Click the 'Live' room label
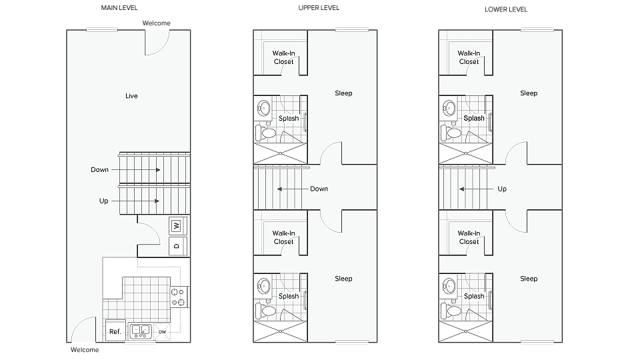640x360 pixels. (131, 96)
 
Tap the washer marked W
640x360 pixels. (177, 226)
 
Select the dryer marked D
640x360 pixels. (177, 246)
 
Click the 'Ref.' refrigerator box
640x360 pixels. (115, 331)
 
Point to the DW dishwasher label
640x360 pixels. (163, 331)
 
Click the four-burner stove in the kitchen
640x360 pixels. (179, 296)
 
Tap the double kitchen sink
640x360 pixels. (141, 329)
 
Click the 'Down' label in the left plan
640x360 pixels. (99, 170)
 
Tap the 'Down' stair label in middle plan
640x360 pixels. (319, 189)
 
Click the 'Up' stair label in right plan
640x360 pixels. (502, 189)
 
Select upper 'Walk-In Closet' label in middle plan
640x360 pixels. (283, 57)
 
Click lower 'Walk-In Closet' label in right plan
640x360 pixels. (469, 237)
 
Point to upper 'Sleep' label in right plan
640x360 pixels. (529, 93)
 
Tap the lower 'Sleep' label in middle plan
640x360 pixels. (343, 279)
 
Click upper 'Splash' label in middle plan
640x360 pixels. (289, 118)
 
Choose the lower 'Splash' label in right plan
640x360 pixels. (474, 296)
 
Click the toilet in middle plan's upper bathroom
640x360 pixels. (269, 133)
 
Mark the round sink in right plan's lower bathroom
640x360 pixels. (449, 287)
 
